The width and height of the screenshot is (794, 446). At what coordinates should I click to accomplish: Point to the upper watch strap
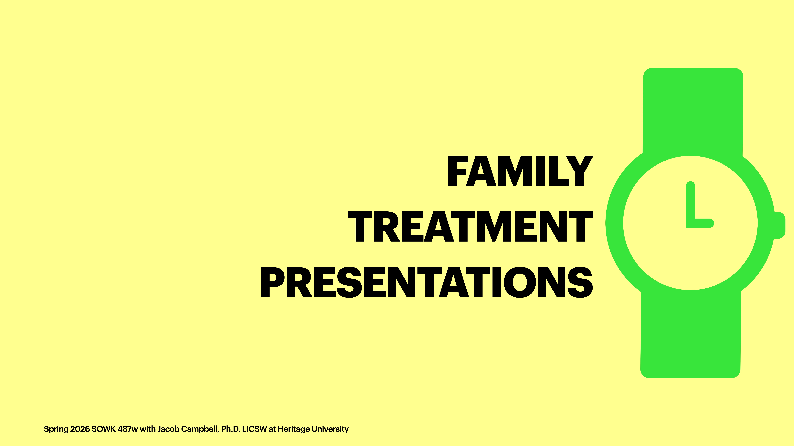coord(693,111)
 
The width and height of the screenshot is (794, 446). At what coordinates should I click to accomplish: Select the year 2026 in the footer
coord(80,429)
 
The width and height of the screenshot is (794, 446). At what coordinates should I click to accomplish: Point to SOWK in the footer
coord(103,429)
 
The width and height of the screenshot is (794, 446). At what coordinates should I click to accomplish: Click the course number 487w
coord(127,429)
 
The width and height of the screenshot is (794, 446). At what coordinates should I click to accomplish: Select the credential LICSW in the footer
coord(254,429)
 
